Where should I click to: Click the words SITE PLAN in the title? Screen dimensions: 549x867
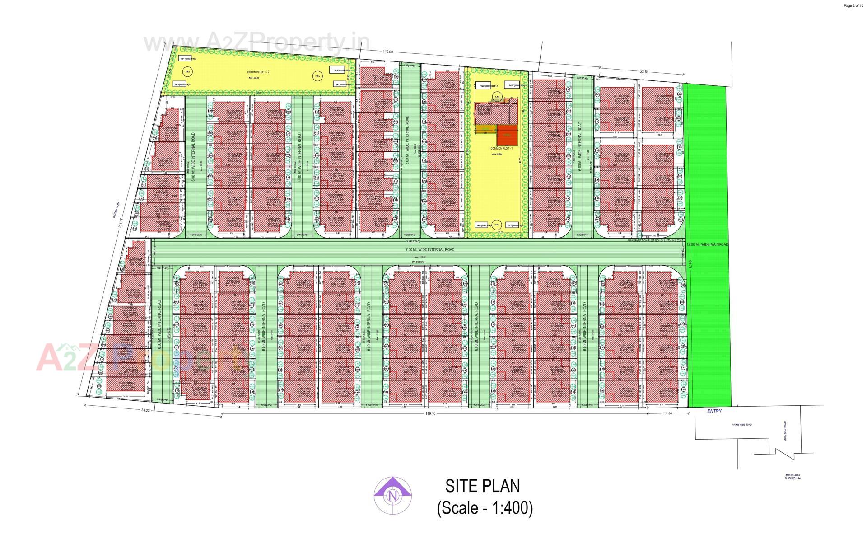(x=482, y=486)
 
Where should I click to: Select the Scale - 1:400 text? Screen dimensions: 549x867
(x=485, y=508)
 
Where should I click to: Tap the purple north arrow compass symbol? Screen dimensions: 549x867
(x=392, y=496)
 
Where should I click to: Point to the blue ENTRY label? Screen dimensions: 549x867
(x=714, y=411)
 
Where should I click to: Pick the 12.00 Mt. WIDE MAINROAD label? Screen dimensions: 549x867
(x=707, y=244)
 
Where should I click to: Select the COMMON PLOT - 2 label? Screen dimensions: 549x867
(x=258, y=72)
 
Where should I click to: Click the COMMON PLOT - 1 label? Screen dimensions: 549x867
(x=502, y=148)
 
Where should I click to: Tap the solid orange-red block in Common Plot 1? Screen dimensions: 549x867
(x=506, y=135)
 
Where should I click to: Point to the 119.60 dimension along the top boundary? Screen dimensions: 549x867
(x=387, y=52)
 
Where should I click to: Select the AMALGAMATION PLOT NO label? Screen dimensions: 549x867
(x=656, y=241)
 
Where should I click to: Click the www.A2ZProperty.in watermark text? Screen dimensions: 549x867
(x=256, y=43)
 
